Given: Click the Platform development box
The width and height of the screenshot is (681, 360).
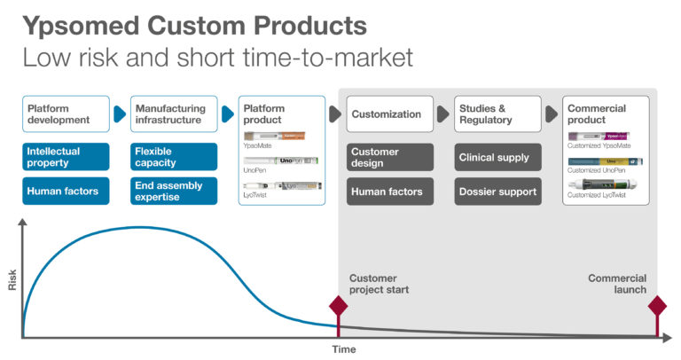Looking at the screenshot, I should [66, 114].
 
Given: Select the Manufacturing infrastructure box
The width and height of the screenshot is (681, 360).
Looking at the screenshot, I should [174, 114].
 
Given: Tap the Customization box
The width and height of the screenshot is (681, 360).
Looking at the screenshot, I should [390, 114].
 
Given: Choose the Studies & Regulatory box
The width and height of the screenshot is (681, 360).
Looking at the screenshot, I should [497, 114].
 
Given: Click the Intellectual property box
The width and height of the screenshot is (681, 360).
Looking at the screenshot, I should [66, 157].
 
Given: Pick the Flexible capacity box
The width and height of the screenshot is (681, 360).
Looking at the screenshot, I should [174, 157].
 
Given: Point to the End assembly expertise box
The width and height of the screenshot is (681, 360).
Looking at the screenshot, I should [174, 192].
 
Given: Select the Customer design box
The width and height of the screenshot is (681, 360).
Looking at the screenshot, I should [390, 157].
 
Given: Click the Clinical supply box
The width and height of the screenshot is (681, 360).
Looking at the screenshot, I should [497, 157].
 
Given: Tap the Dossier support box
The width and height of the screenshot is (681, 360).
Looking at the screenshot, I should [497, 192].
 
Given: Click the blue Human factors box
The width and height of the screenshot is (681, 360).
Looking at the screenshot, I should [66, 192].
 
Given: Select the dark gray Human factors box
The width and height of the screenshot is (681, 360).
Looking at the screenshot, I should [390, 192].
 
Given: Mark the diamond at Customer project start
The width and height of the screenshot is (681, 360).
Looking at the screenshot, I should [338, 307].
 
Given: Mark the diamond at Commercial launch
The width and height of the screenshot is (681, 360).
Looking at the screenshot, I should [657, 307].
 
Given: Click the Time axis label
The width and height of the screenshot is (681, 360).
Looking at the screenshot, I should [344, 349].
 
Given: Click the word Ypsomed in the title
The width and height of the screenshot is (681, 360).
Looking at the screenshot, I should [76, 24].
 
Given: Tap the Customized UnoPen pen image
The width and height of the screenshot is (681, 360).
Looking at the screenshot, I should [605, 162].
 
